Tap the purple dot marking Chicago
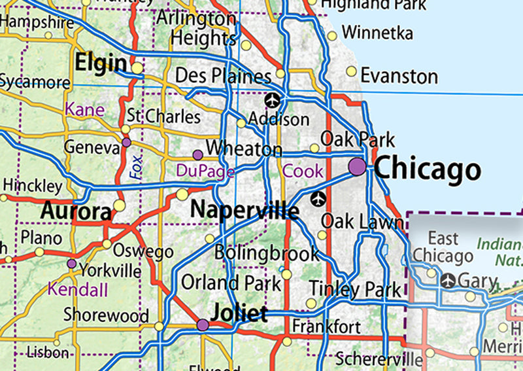coord(357,166)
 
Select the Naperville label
coord(245,210)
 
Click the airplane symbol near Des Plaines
coord(273,101)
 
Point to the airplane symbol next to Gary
coord(448,281)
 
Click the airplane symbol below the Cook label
coord(318,198)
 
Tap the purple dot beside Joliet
coord(203,325)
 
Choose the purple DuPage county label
coord(205,171)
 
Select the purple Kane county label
coord(84,109)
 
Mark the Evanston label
coord(399,76)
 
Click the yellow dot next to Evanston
coord(352,71)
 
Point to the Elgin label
coord(101,63)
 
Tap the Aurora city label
coord(76,211)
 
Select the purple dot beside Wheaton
coord(197,154)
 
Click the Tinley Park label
coord(355,289)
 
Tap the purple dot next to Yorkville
coord(71,264)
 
